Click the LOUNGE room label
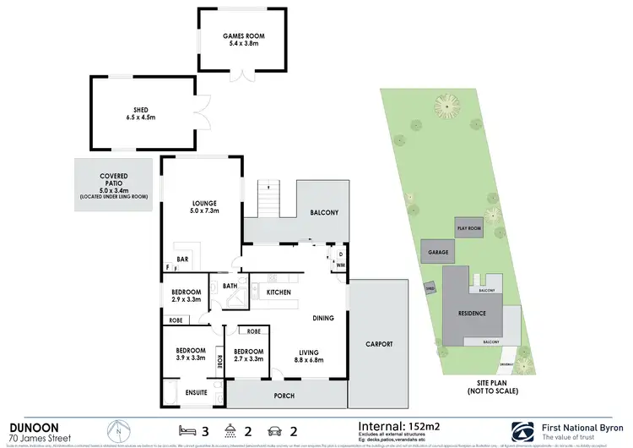coord(204,203)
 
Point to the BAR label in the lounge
coord(181,260)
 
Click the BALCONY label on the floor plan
coord(324,213)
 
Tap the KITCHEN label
coord(279,292)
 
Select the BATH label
coord(230,286)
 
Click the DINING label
coord(322,319)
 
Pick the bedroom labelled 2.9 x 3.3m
coord(185,295)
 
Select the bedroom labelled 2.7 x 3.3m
coord(248,355)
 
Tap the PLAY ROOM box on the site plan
coord(468,228)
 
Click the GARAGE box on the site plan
coord(438,251)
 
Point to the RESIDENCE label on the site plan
coord(472,314)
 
